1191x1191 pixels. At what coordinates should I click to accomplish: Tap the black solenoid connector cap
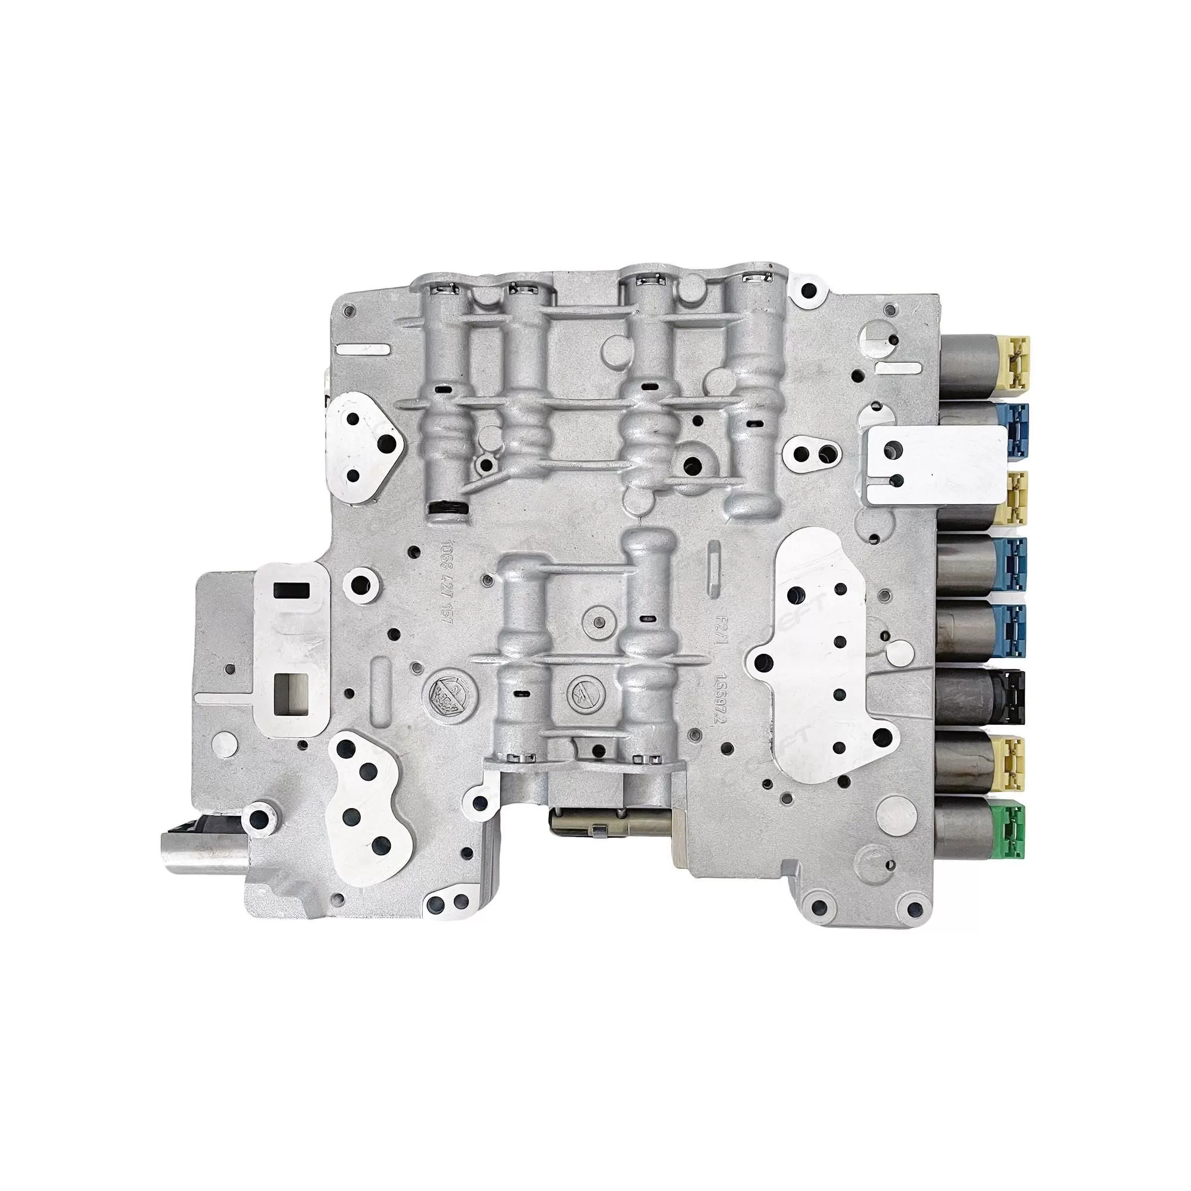(x=1010, y=697)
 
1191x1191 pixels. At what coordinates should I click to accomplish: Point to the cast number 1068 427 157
(x=441, y=582)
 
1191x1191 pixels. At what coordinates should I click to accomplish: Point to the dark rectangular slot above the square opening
(x=292, y=591)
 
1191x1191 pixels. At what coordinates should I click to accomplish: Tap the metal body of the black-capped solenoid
(x=966, y=698)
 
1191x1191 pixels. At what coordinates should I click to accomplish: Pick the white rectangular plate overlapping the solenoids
(x=931, y=460)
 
